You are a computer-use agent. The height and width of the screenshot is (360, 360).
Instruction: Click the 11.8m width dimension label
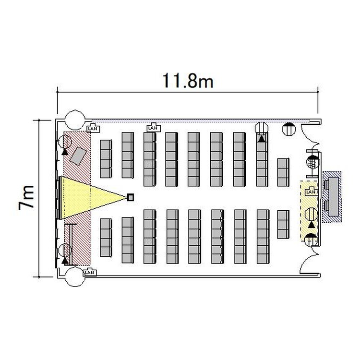(x=188, y=81)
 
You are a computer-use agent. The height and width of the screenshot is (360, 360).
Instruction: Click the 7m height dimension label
(x=26, y=197)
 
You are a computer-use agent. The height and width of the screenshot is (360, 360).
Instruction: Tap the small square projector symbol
(x=131, y=197)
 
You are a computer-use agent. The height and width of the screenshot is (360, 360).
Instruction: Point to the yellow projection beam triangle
(x=92, y=197)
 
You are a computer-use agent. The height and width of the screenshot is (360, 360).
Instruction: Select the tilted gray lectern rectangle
(x=78, y=156)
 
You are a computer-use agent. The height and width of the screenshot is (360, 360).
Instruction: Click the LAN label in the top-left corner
(x=93, y=129)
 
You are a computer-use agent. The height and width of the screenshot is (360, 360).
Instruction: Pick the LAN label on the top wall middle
(x=154, y=128)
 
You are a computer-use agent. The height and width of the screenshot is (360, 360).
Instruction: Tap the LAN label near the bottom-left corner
(x=90, y=272)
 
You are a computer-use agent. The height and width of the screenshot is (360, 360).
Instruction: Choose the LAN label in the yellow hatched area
(x=311, y=192)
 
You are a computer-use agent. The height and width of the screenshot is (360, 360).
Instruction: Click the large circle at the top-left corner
(x=75, y=120)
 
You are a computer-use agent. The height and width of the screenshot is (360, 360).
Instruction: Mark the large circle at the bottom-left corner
(x=75, y=277)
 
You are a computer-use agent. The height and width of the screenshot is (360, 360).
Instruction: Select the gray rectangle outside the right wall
(x=333, y=196)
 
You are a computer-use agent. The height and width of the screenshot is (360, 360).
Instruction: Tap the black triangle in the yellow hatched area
(x=311, y=225)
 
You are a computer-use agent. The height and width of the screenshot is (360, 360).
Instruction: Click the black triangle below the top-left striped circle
(x=65, y=152)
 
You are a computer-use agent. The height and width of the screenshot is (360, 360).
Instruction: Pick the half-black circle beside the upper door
(x=289, y=129)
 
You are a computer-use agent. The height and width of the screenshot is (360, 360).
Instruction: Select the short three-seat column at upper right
(x=283, y=172)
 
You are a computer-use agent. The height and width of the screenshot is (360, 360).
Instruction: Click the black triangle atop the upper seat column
(x=261, y=139)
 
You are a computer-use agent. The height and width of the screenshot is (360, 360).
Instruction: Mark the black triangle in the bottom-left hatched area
(x=65, y=261)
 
